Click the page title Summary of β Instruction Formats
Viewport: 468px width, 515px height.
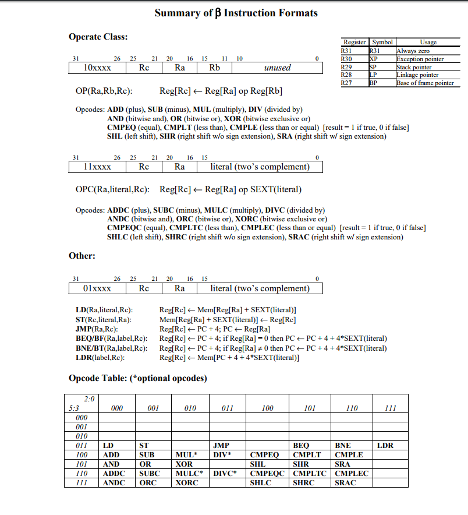[x=236, y=13]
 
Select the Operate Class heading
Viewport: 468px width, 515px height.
[x=98, y=37]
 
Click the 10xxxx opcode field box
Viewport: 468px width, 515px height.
[x=98, y=68]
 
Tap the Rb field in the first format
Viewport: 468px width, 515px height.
[x=215, y=68]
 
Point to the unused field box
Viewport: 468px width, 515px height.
[x=277, y=68]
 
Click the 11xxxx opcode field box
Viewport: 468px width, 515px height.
[x=98, y=167]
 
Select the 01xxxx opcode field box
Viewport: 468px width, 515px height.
[x=98, y=288]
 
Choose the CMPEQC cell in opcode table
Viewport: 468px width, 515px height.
[x=267, y=474]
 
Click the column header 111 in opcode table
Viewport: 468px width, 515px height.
[x=390, y=408]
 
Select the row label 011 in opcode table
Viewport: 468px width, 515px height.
[x=81, y=446]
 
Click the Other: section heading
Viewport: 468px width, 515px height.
[x=82, y=256]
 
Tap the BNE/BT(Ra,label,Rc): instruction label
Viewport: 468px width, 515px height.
[x=108, y=348]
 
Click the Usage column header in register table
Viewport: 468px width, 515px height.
[x=427, y=43]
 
